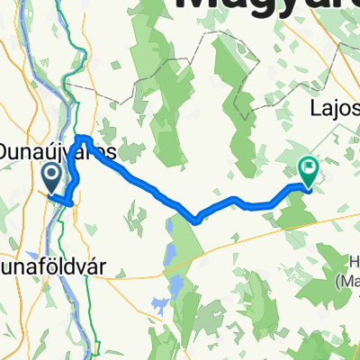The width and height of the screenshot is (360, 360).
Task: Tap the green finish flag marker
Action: [x=308, y=166]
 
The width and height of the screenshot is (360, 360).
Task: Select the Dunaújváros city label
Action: [x=58, y=148]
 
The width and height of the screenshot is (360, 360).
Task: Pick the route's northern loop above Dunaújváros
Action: [x=82, y=139]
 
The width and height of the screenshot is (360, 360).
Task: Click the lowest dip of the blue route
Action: [x=194, y=218]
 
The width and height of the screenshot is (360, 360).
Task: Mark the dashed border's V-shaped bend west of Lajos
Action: [x=243, y=112]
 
